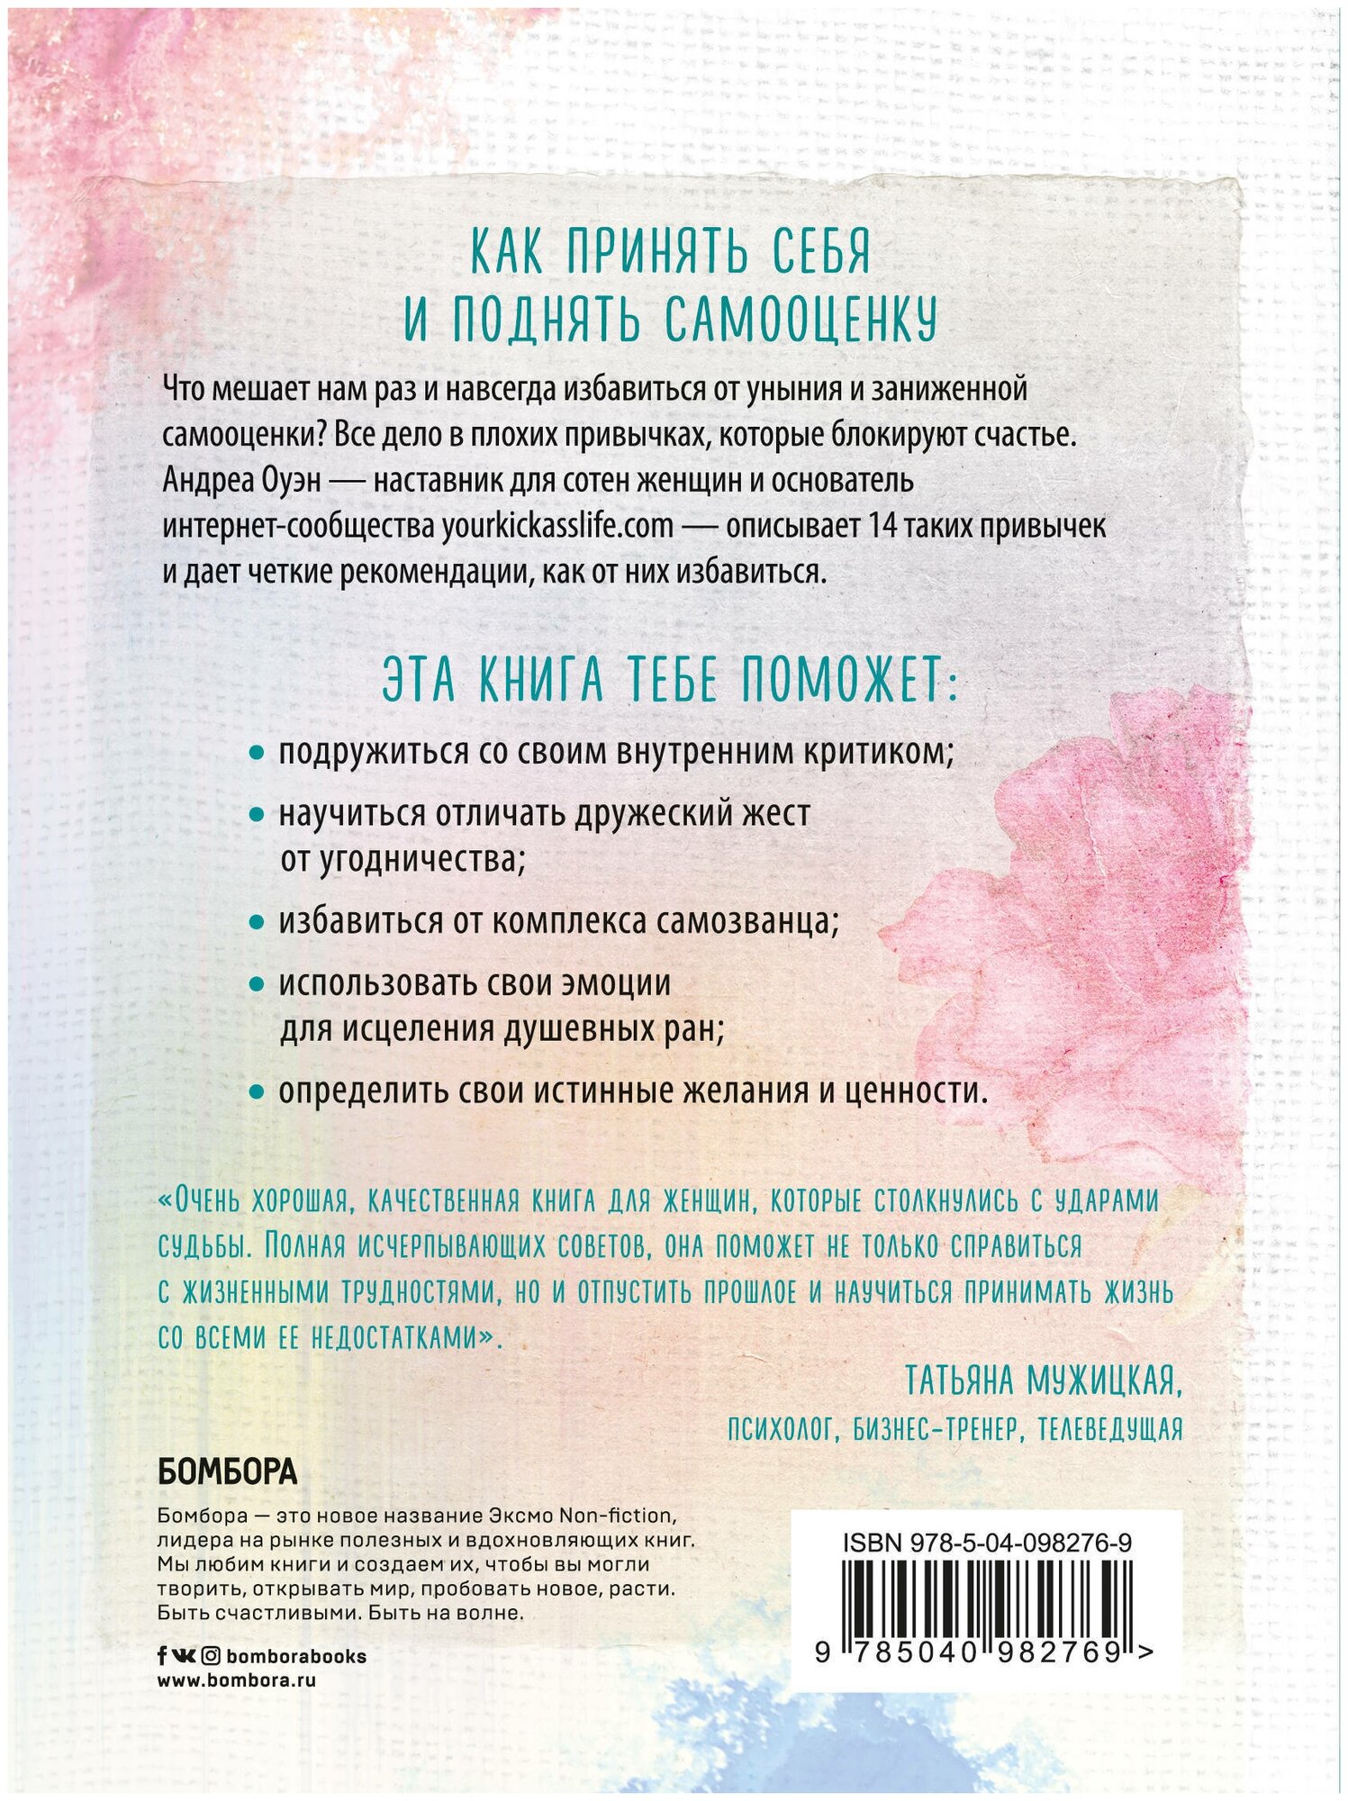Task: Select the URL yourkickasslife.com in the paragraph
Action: (556, 526)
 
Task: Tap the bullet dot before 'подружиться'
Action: (257, 753)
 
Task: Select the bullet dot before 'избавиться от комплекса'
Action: (257, 922)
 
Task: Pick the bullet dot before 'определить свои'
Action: (257, 1091)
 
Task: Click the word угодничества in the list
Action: (419, 860)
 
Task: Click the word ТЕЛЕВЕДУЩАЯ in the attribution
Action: (1109, 1429)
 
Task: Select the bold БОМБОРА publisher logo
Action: (227, 1472)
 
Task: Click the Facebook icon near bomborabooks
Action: (162, 1655)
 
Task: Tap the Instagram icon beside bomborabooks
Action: (210, 1655)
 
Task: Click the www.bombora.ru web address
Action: (236, 1679)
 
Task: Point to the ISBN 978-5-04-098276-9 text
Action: (987, 1543)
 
